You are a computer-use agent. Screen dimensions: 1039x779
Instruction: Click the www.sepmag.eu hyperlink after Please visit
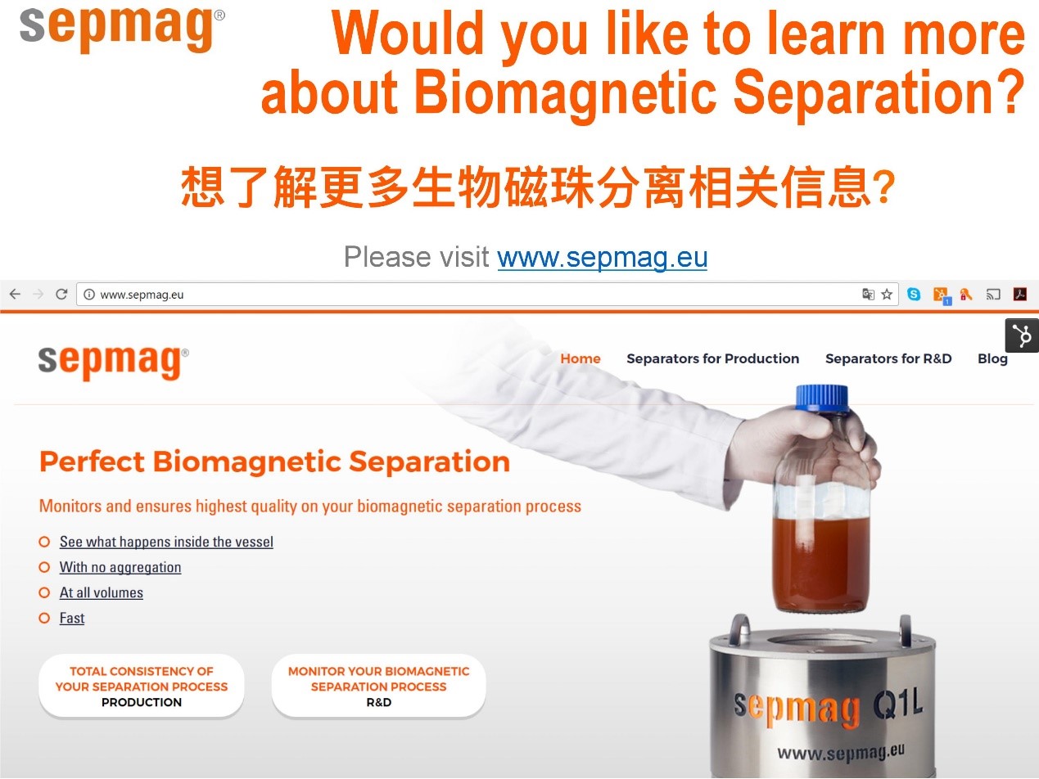[602, 257]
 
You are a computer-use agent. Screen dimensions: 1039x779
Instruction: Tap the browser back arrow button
[16, 295]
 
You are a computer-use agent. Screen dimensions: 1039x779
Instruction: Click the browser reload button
[61, 295]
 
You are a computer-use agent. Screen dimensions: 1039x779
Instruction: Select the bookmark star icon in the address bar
[887, 295]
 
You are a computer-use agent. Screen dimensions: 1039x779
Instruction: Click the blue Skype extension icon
[914, 295]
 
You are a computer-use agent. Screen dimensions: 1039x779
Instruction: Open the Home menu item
[580, 358]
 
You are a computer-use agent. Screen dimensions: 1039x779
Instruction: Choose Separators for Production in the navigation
[713, 358]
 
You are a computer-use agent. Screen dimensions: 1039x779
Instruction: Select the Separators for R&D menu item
[888, 358]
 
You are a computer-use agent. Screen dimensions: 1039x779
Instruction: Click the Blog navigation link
[992, 359]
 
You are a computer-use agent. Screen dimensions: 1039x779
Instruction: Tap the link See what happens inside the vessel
[166, 542]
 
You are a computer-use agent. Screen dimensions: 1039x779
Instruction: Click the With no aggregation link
[120, 567]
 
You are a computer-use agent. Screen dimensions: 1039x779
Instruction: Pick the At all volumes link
[102, 592]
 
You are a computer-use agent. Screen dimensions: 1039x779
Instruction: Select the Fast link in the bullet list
[72, 618]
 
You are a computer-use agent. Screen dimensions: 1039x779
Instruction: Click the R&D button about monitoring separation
[379, 686]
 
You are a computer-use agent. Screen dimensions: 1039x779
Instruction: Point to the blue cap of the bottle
[822, 398]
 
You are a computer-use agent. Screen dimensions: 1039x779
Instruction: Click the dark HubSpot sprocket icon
[1023, 335]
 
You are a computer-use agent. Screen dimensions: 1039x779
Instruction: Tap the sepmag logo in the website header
[113, 362]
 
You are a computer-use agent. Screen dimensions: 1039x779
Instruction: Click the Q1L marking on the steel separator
[898, 704]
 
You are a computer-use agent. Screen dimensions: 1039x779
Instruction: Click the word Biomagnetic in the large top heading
[566, 92]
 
